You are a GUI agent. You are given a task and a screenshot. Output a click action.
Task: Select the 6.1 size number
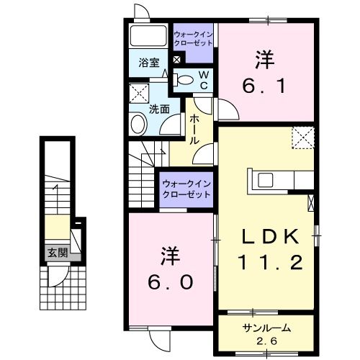266,86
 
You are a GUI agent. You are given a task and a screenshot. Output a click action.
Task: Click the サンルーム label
266,328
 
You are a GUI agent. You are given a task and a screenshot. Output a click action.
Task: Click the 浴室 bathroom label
149,63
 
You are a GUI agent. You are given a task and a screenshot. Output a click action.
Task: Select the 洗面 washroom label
158,109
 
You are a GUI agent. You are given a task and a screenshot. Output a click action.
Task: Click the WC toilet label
204,81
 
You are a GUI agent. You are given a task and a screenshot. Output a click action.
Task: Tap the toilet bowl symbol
185,81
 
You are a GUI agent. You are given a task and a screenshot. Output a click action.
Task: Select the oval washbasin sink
138,125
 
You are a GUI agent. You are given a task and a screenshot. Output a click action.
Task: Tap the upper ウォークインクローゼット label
193,37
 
